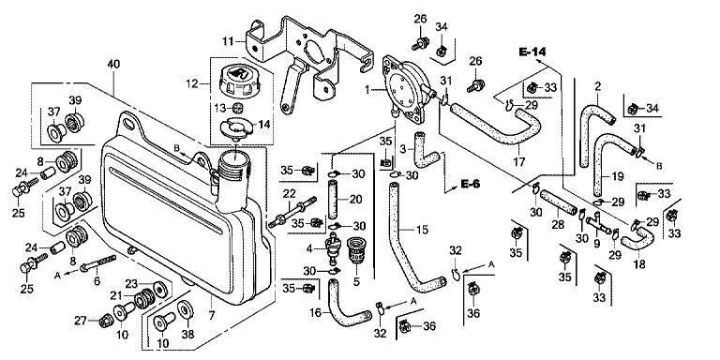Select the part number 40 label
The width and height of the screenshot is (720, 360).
coord(112,64)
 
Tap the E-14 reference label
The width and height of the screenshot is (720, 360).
coord(532,52)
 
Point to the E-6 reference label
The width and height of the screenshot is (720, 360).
coord(470,184)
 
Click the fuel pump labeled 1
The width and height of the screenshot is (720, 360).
coord(409,90)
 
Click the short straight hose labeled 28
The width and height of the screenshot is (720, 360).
coord(558,202)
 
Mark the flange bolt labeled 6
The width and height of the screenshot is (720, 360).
coord(98,264)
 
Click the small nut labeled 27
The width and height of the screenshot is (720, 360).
coord(106,321)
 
